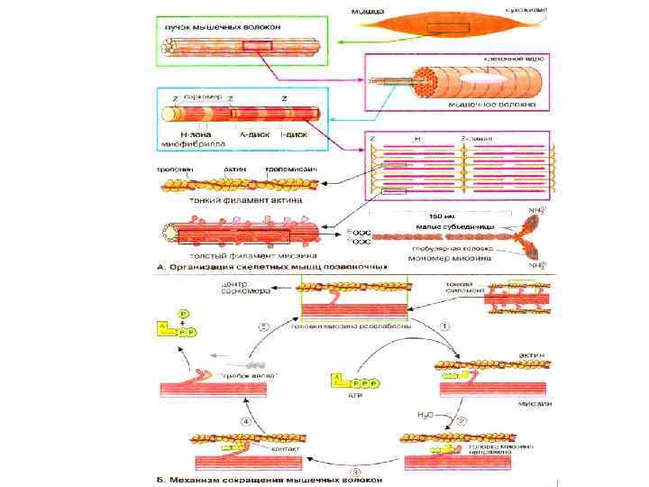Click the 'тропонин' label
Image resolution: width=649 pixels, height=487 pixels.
pyautogui.click(x=172, y=170)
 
